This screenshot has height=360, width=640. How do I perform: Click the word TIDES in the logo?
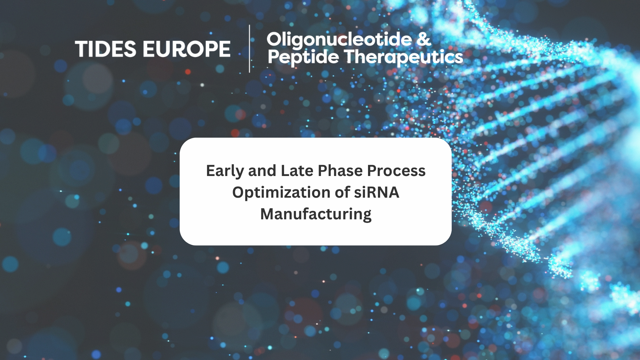click(x=106, y=49)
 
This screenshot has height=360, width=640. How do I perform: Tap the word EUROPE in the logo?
click(x=187, y=49)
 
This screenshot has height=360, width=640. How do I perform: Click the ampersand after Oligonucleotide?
click(x=424, y=39)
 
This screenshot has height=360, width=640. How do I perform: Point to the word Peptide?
click(x=303, y=58)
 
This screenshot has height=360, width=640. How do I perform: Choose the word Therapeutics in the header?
click(x=403, y=58)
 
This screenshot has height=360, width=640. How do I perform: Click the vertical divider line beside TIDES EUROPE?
click(x=249, y=49)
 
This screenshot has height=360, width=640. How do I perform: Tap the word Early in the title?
click(x=225, y=171)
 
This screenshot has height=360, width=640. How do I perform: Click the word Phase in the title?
click(x=340, y=171)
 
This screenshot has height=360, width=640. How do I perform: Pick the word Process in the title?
click(x=396, y=171)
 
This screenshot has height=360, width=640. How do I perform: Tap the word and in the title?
click(x=262, y=171)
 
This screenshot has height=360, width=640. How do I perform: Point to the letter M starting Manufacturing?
click(x=268, y=214)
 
